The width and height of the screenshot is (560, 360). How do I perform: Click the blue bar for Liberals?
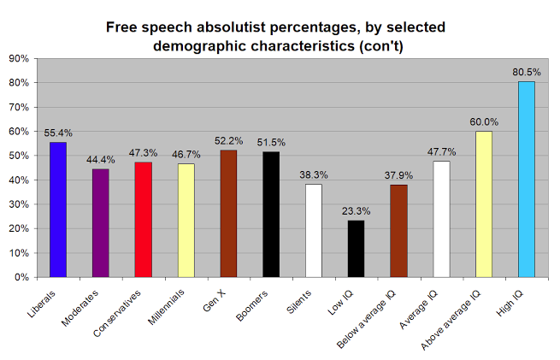tap(58, 210)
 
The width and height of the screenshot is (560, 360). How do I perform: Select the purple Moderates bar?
tap(101, 223)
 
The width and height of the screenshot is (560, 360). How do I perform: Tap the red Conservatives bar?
tap(144, 219)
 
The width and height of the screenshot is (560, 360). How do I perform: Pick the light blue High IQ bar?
tap(527, 179)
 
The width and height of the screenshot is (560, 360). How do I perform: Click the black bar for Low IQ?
tap(357, 249)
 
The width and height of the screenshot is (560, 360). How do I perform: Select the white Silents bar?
tap(314, 231)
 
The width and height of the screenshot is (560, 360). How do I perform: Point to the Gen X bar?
tap(228, 214)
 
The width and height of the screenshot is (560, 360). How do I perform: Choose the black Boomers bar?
tap(271, 215)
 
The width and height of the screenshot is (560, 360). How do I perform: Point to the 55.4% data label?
tap(58, 134)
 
